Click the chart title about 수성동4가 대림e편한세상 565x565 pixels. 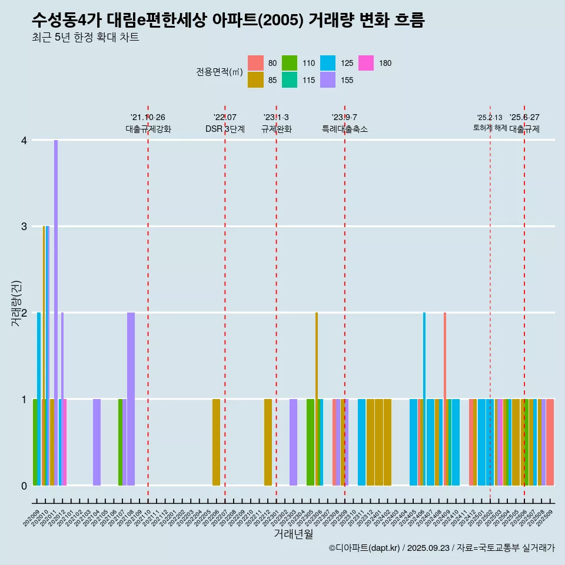tap(228, 21)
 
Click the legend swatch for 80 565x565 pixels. tap(255, 63)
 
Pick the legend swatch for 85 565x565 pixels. tap(255, 80)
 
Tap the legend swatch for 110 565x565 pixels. tap(290, 63)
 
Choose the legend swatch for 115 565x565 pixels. tap(290, 80)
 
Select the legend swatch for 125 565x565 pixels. tap(328, 63)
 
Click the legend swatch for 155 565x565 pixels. tap(328, 80)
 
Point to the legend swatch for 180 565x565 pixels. tap(366, 63)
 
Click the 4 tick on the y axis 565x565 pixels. tap(24, 140)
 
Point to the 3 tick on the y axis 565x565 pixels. tap(24, 227)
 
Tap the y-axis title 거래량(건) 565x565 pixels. tap(16, 313)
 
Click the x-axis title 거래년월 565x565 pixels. tap(293, 534)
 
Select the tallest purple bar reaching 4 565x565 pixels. tap(56, 312)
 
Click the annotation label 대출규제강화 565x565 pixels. tap(148, 129)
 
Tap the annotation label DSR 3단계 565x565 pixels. tap(225, 129)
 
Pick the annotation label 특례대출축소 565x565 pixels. tap(345, 129)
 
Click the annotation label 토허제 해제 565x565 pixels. tap(490, 128)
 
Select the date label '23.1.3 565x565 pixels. tap(276, 118)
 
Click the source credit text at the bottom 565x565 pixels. tap(441, 549)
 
